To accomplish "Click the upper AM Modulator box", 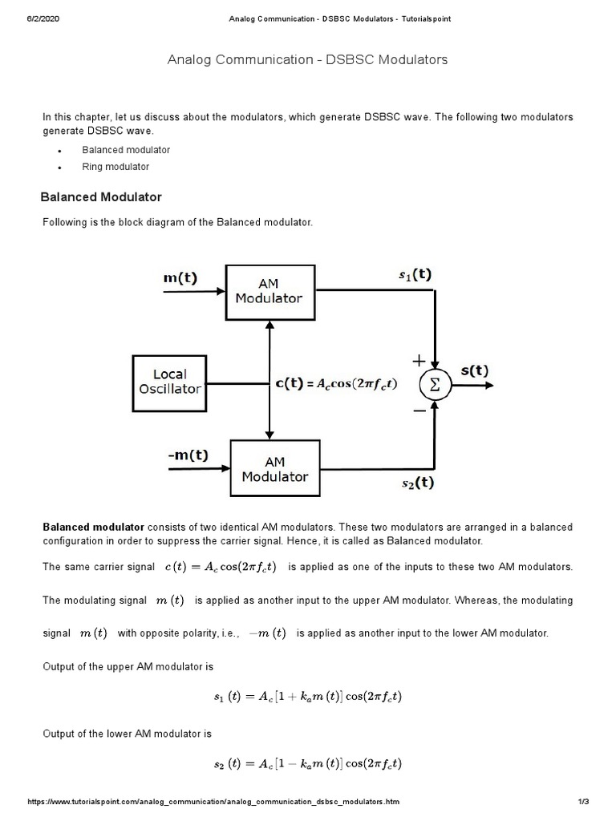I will click(x=269, y=291).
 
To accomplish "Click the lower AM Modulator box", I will click(x=274, y=469).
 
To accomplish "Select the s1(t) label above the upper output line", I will click(x=415, y=274).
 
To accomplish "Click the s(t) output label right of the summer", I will click(x=474, y=370).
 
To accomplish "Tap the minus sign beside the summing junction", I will click(x=419, y=410).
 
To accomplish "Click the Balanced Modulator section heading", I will click(x=101, y=197).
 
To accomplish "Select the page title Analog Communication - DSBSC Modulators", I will click(x=307, y=60).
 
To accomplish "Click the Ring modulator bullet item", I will click(x=115, y=167).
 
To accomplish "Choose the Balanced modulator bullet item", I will click(x=126, y=150).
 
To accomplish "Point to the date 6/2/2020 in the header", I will click(x=43, y=19).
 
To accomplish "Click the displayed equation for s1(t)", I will click(x=307, y=697).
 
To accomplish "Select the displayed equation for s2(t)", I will click(x=307, y=763).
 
